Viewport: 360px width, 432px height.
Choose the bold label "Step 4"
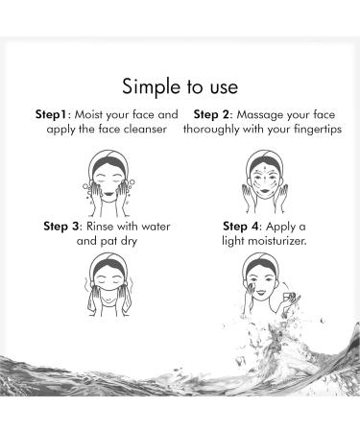pyautogui.click(x=243, y=227)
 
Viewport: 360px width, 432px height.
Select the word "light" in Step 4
pyautogui.click(x=228, y=242)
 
